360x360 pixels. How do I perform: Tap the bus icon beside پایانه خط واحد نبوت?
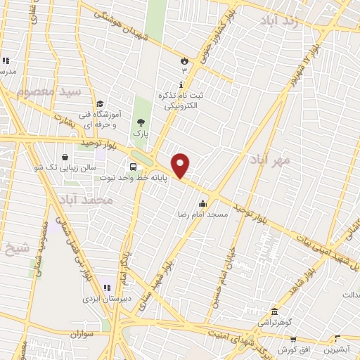click(x=134, y=167)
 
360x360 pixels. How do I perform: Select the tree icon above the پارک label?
click(x=141, y=122)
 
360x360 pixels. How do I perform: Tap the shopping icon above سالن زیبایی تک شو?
click(x=65, y=156)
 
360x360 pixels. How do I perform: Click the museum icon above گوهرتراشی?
click(x=274, y=311)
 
